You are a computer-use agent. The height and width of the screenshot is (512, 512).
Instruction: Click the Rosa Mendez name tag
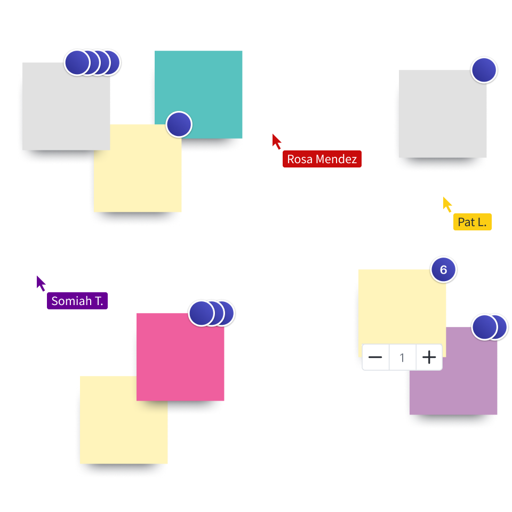(x=322, y=159)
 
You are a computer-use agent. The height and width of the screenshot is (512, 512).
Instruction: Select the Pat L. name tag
(x=472, y=222)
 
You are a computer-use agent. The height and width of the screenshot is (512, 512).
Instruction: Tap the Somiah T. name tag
(x=77, y=301)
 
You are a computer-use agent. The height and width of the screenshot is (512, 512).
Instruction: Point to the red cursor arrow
(x=277, y=141)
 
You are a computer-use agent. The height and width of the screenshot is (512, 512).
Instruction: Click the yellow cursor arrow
(x=447, y=204)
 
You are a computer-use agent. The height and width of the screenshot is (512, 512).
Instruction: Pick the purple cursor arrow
(x=41, y=283)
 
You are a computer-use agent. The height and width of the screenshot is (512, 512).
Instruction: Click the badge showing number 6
(x=443, y=270)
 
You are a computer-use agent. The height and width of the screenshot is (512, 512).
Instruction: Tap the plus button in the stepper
(x=429, y=357)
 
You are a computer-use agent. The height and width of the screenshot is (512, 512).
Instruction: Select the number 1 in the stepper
(x=402, y=357)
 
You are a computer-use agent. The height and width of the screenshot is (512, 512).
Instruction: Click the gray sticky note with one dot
(x=443, y=115)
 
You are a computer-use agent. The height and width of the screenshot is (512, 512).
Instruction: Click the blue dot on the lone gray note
(x=484, y=70)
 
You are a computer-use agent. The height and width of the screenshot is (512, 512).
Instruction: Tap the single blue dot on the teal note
(x=179, y=124)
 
